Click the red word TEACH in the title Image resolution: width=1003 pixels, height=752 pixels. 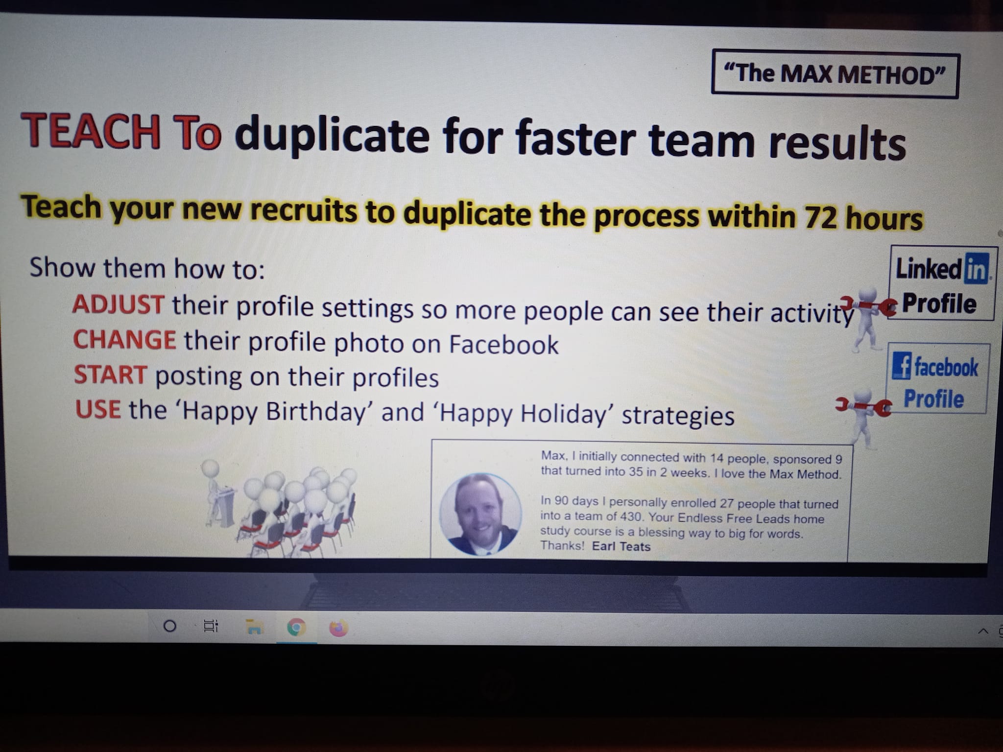pos(91,131)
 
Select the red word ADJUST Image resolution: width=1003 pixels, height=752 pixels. pos(118,304)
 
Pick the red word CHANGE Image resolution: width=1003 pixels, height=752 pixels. pos(124,339)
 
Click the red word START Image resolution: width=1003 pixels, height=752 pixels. pos(110,375)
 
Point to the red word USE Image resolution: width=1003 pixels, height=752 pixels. pos(98,409)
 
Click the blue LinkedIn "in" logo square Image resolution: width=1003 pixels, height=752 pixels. pos(976,268)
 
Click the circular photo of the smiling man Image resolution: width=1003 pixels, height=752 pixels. pos(480,514)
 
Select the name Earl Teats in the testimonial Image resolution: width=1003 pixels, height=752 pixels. pos(621,546)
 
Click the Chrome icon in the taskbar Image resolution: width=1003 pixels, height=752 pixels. pos(296,627)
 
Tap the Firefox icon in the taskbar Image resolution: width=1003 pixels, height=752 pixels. pos(338,628)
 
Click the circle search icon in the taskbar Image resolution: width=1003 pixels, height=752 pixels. pos(169,626)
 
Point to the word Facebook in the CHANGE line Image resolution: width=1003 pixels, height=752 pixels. pos(503,344)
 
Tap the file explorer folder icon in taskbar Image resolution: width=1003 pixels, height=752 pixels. pos(254,627)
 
